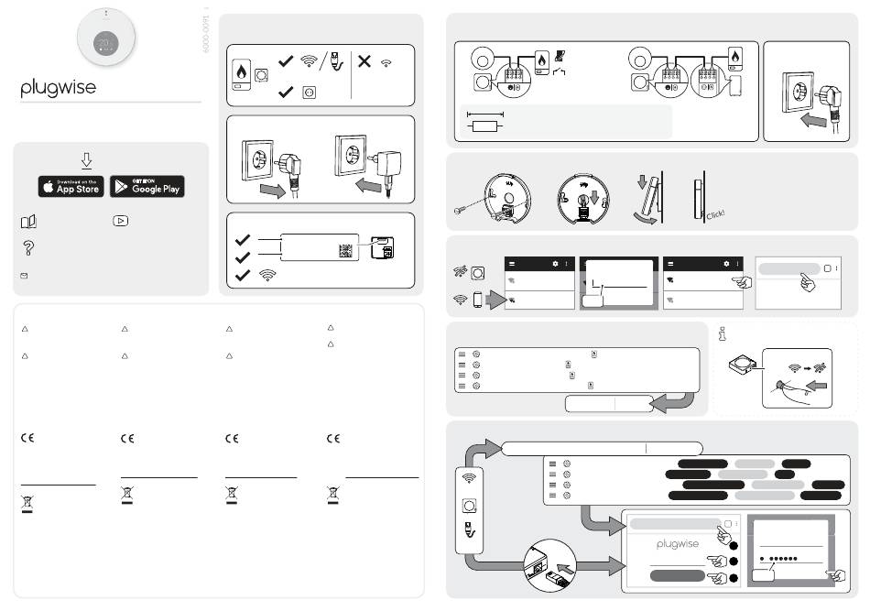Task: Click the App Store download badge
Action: [x=71, y=187]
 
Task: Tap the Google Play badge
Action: [x=147, y=187]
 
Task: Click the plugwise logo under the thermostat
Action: [x=59, y=89]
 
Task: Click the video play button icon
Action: [x=120, y=221]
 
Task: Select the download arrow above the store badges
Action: [x=86, y=161]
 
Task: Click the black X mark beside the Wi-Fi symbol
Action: [x=364, y=62]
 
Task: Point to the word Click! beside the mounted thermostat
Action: [x=715, y=213]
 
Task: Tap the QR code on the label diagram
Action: [x=345, y=250]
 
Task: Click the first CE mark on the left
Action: [x=27, y=439]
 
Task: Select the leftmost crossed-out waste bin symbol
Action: [x=27, y=502]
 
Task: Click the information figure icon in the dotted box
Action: [x=723, y=334]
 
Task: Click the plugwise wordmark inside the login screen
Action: [x=677, y=544]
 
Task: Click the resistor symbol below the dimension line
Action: [x=484, y=125]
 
